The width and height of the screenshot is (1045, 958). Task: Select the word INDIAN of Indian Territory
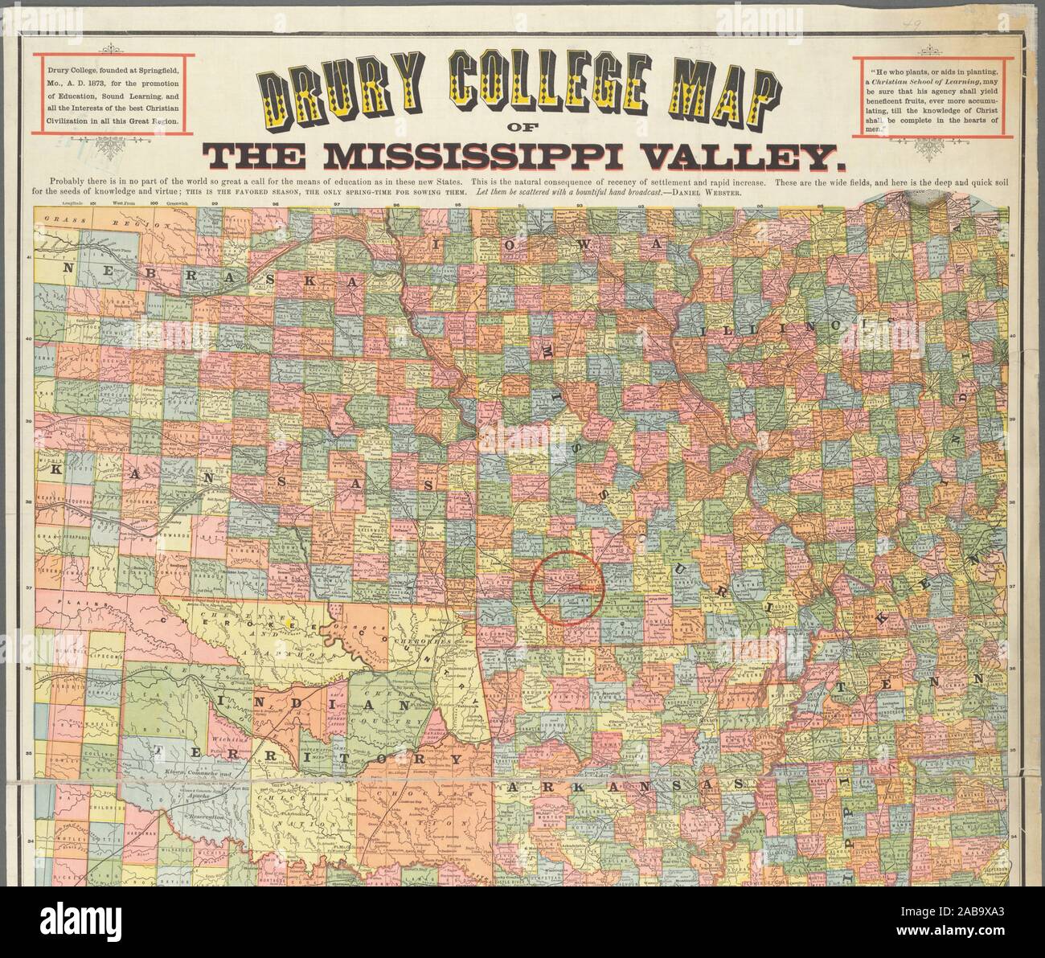[309, 703]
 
